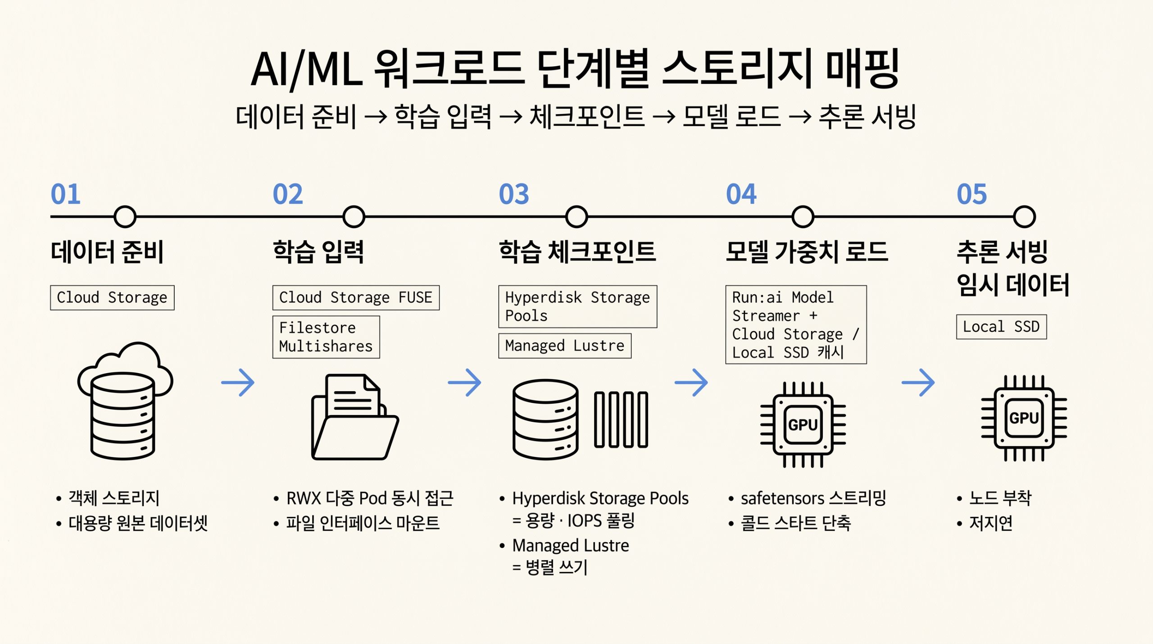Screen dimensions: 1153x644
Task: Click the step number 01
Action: pos(65,194)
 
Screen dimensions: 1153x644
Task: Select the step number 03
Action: pos(514,194)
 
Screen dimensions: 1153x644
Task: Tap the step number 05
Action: pos(971,194)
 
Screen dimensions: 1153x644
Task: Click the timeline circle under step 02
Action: pos(354,217)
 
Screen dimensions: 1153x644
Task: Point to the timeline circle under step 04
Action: pos(803,217)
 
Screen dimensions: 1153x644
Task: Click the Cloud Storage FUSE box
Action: pos(356,297)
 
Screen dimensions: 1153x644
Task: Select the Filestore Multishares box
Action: pos(326,337)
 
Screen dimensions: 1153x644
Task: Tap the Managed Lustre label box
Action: pos(565,346)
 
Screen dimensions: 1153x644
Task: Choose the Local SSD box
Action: pos(1001,327)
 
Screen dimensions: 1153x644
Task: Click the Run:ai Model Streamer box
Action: pos(796,324)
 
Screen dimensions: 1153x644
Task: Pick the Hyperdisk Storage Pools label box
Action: pos(577,306)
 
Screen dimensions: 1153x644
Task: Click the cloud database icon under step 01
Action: pos(125,400)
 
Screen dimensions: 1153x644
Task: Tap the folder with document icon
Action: pos(355,417)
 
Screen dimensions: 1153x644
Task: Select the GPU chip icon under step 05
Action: pos(1024,418)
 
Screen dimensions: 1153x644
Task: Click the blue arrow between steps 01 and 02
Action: pos(238,383)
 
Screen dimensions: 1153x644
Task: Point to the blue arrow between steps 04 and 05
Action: pos(918,383)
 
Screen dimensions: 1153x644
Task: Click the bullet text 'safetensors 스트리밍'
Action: pos(813,498)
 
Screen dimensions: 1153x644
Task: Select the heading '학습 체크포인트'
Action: pos(577,251)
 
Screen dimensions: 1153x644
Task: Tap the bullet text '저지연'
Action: pos(991,523)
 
